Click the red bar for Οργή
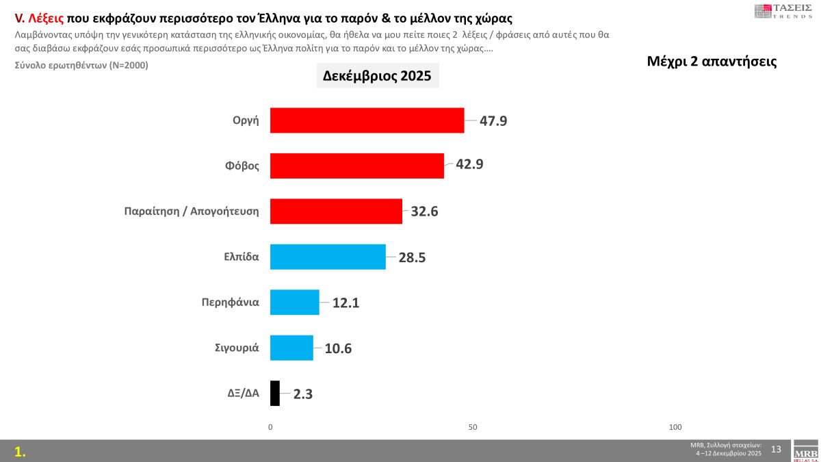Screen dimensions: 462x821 click(x=367, y=120)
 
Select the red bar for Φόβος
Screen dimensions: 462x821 click(x=356, y=166)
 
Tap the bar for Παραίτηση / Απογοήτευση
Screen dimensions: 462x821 click(x=336, y=211)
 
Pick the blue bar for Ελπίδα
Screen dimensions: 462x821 click(x=328, y=257)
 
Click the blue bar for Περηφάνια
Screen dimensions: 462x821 click(x=294, y=302)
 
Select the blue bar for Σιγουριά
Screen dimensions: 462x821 click(x=291, y=348)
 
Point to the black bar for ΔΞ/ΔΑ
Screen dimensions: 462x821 click(x=275, y=393)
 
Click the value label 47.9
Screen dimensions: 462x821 click(x=493, y=121)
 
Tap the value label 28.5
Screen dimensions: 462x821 click(x=413, y=257)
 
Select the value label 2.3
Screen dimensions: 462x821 click(x=303, y=394)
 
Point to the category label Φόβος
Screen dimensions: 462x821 click(x=243, y=165)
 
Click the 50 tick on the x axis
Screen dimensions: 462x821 click(x=473, y=427)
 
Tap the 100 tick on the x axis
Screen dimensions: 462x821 click(x=675, y=427)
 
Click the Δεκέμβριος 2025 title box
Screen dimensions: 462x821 click(x=377, y=75)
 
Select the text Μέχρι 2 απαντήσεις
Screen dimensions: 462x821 click(x=712, y=61)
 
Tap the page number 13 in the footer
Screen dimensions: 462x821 click(x=776, y=449)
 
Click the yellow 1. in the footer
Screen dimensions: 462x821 click(x=21, y=451)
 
